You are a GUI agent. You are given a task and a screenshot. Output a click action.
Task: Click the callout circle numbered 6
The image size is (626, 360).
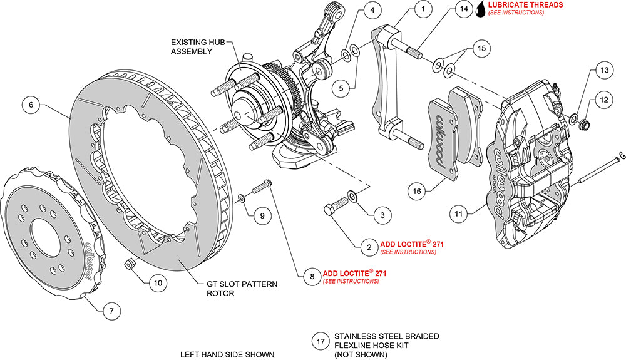coord(31,105)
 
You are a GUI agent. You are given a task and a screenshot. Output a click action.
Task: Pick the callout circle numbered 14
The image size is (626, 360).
coord(463,10)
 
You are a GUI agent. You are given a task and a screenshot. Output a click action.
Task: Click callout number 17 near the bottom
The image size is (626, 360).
coord(321,342)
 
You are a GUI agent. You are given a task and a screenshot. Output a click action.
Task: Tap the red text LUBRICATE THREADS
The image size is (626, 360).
coord(525,4)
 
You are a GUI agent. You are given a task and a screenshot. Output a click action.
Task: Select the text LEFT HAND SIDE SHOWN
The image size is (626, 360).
coord(227,354)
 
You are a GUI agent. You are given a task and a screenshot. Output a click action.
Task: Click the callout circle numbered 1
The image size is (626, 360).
coord(424,9)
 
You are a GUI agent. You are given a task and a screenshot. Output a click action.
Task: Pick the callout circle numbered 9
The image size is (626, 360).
coord(262,216)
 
